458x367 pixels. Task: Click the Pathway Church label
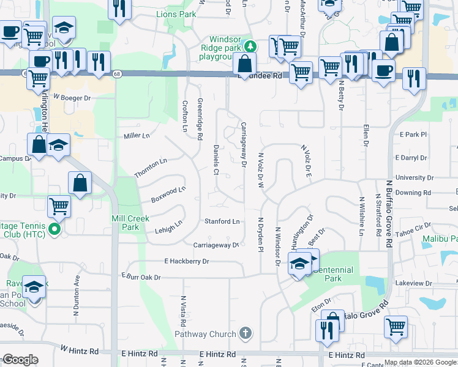(205, 334)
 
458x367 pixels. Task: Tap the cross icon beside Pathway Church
(245, 333)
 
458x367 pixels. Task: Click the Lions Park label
(176, 13)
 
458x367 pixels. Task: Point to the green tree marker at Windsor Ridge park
(250, 46)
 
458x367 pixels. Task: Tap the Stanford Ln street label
(222, 221)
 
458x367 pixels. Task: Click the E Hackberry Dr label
(187, 261)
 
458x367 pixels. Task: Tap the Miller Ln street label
(137, 136)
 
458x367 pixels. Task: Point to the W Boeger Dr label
(72, 97)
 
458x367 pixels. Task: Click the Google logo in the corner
(20, 360)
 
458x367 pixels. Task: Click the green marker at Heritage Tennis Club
(54, 230)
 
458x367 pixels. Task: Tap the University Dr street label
(415, 177)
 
